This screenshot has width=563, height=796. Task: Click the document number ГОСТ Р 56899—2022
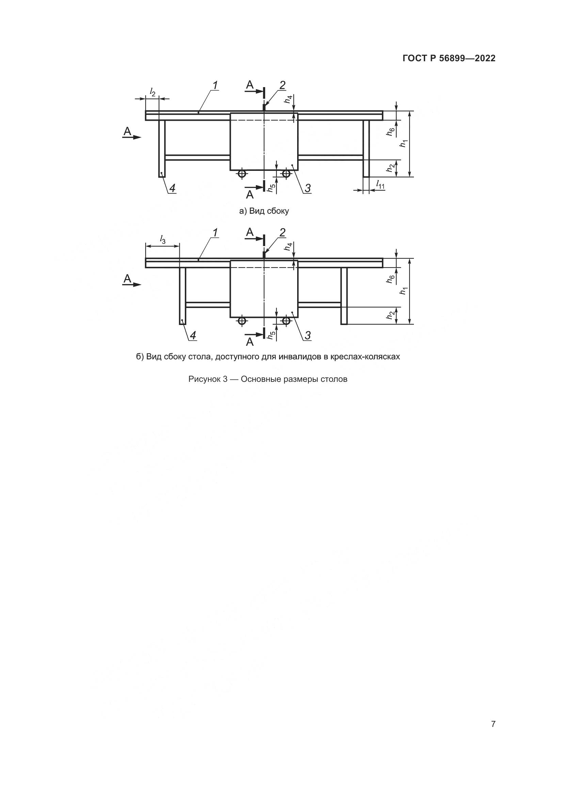[x=449, y=58]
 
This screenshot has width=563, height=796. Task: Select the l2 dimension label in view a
[x=152, y=92]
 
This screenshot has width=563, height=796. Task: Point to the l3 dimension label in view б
[x=162, y=239]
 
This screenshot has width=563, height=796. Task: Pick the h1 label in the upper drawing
[x=403, y=143]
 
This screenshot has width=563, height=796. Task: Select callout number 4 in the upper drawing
[x=172, y=188]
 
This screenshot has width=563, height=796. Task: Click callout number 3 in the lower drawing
[x=307, y=335]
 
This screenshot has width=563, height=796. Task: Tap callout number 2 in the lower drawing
[x=282, y=233]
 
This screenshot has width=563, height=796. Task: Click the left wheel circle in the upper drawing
[x=242, y=173]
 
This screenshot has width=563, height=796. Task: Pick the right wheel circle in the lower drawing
[x=286, y=321]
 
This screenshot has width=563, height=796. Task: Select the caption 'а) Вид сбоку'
[x=264, y=211]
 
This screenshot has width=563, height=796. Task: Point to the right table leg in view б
[x=344, y=296]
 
